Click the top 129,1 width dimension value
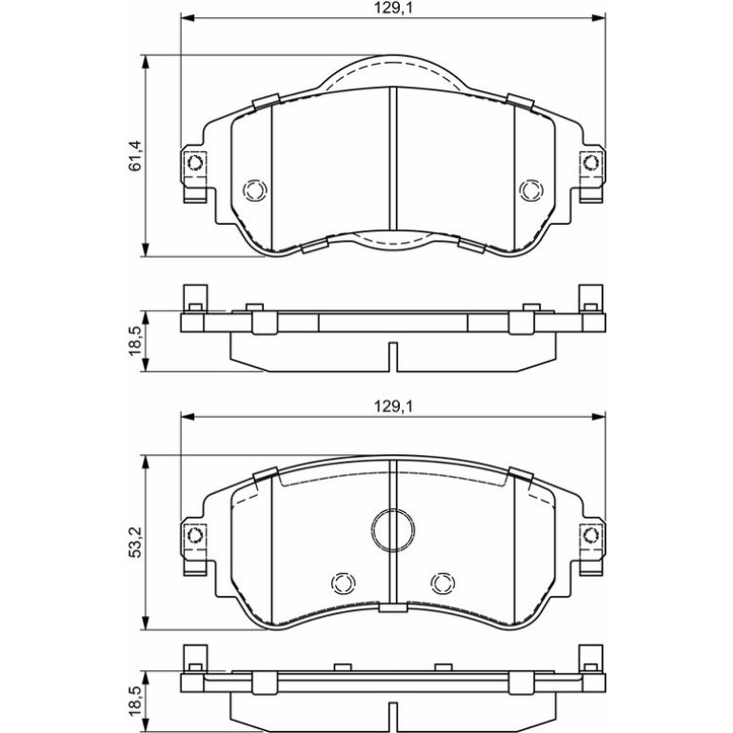[x=392, y=9]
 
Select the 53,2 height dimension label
[x=135, y=542]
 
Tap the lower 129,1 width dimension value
[x=392, y=406]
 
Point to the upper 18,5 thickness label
[x=135, y=341]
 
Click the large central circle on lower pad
[x=392, y=529]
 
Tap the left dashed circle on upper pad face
[x=255, y=190]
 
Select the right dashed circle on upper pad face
[x=531, y=190]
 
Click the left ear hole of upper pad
[x=194, y=163]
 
